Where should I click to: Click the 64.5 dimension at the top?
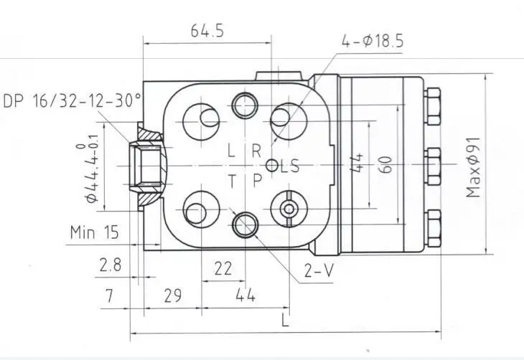(207, 31)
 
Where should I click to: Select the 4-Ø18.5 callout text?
(373, 42)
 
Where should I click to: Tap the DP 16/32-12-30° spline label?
(72, 100)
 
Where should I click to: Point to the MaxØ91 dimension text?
(473, 167)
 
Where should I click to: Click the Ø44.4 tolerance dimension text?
(91, 169)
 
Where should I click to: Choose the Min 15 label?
(94, 232)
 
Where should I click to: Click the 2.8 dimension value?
(111, 265)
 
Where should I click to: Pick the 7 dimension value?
(110, 295)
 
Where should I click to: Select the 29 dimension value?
(173, 295)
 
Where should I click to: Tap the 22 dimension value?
(223, 268)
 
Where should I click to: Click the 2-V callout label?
(319, 270)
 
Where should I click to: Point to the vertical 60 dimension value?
(386, 165)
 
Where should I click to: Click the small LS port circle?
(272, 165)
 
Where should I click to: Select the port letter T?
(232, 182)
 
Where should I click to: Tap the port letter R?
(256, 151)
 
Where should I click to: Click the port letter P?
(257, 181)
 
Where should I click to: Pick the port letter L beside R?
(231, 151)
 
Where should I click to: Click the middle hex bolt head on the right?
(433, 166)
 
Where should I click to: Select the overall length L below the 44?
(285, 320)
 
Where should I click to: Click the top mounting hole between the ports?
(245, 105)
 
